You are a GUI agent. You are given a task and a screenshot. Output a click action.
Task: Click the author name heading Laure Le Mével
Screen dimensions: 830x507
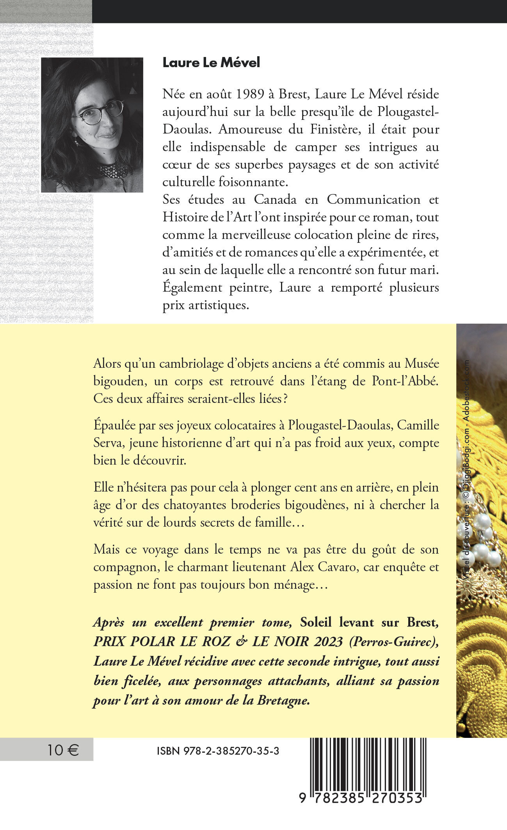(211, 63)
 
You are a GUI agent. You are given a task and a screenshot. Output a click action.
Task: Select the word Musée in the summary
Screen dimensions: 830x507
(422, 363)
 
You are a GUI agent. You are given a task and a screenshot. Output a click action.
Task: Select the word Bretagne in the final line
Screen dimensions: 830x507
(283, 700)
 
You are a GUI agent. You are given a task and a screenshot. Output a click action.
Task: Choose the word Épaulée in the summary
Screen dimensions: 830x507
(114, 425)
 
